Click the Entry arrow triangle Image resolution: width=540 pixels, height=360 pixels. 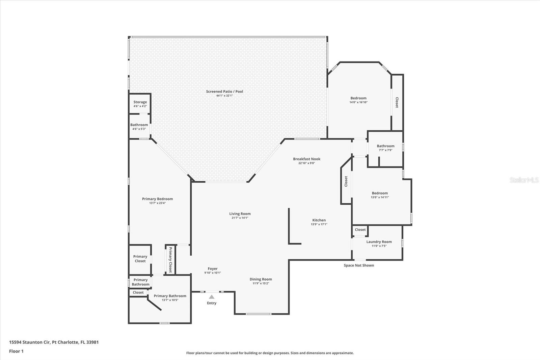212,297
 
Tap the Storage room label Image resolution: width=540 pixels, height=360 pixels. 140,102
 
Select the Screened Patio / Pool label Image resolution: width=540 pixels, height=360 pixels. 224,92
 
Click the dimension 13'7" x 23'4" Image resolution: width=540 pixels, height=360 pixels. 157,203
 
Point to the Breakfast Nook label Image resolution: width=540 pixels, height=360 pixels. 306,159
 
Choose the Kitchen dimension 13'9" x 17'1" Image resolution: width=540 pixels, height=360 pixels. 319,224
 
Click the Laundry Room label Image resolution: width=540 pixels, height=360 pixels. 379,242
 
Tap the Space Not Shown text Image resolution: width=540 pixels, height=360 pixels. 359,265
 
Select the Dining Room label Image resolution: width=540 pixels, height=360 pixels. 261,279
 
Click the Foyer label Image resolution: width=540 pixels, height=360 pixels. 213,269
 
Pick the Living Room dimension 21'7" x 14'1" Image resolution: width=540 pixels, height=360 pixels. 240,218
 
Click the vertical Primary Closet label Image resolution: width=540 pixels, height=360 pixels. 170,260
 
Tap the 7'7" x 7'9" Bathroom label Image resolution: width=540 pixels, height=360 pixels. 385,146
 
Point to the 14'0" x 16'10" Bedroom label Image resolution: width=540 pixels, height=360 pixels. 358,98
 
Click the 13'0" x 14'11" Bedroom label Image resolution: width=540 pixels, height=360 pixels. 380,193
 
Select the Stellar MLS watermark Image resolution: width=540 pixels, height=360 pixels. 524,180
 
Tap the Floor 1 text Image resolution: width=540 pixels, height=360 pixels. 16,351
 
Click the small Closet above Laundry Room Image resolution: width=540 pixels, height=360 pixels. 360,230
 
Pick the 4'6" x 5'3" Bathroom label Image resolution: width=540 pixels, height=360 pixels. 139,125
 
